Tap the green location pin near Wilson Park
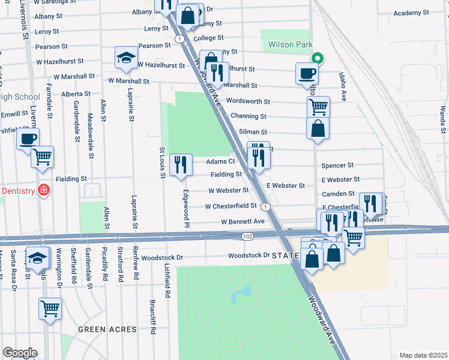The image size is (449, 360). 318,58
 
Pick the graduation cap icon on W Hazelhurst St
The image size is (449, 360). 126,58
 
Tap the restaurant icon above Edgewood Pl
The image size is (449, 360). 181,164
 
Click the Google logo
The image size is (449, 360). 20,353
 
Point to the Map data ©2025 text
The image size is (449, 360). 423,355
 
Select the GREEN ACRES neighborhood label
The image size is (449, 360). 108,329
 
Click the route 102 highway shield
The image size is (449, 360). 247,237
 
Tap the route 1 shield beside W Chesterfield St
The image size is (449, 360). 265,206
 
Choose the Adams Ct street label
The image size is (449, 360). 220,161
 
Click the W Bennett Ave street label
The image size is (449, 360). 243,221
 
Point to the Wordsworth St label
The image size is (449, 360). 248,102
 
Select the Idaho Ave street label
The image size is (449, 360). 343,88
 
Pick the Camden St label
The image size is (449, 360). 338,194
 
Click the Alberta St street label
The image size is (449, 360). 76,94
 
